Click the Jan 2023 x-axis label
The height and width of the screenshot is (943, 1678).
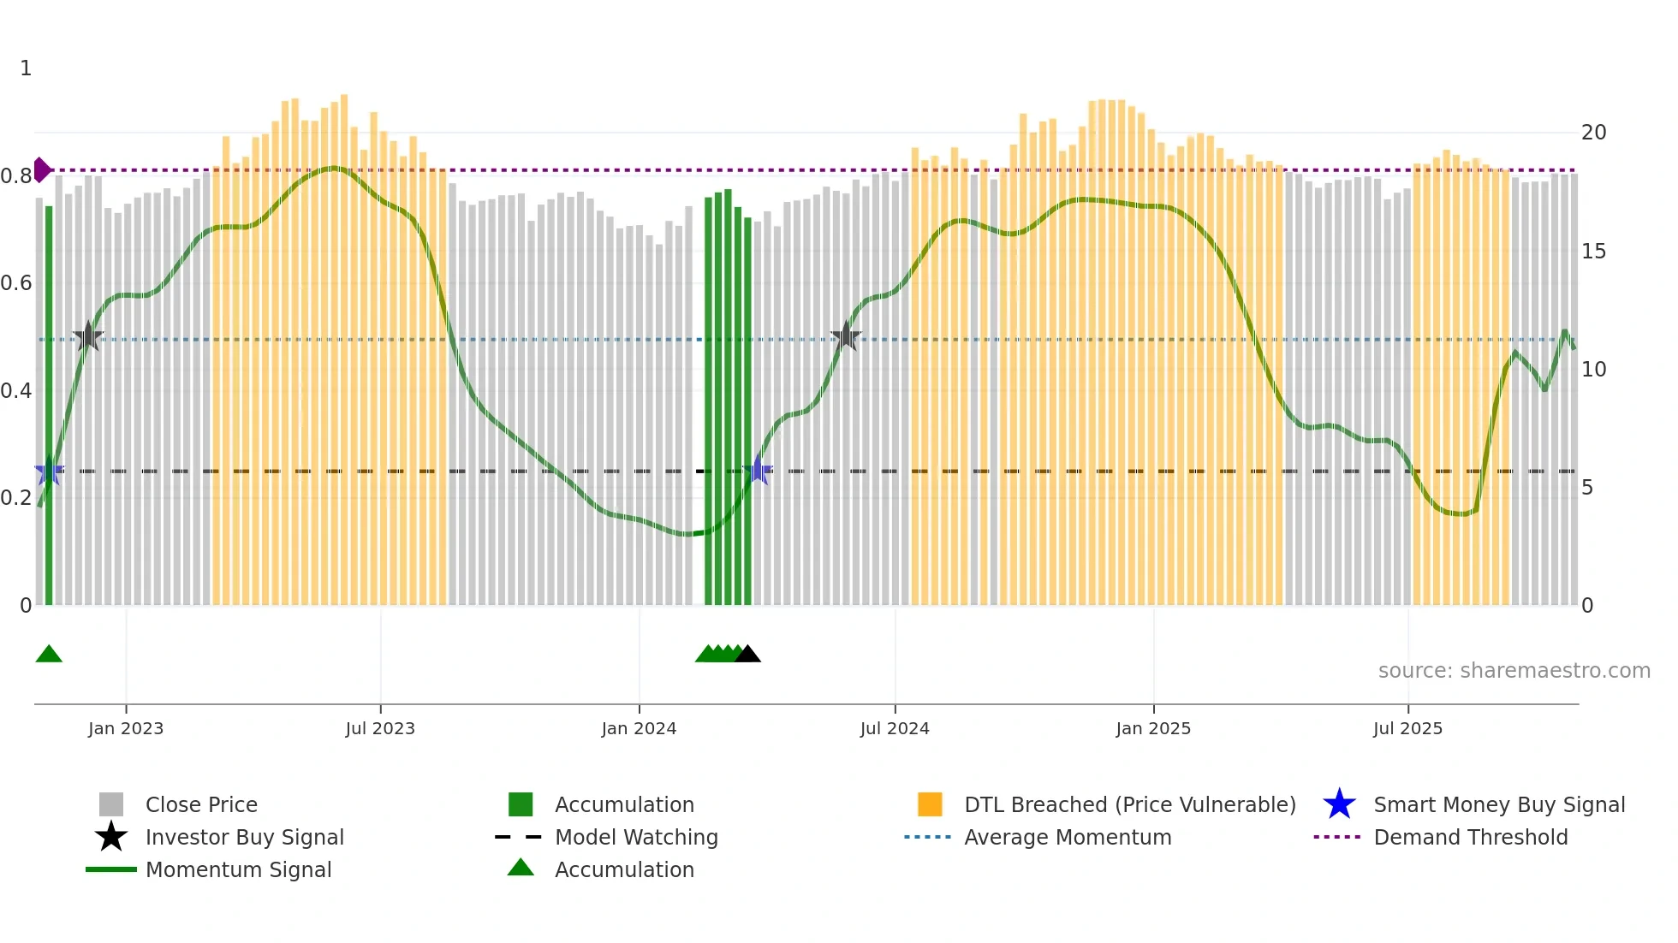pos(126,728)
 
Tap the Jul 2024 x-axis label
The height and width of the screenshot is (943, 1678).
pos(895,728)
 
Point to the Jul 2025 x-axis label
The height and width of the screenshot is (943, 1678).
pos(1407,728)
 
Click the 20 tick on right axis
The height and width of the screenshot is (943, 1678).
pos(1593,133)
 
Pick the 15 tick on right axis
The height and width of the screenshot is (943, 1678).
pos(1593,252)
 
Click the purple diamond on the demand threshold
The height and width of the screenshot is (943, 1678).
pos(41,169)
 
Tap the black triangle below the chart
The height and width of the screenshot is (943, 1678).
pos(747,654)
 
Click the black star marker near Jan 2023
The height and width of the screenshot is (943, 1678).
pos(87,337)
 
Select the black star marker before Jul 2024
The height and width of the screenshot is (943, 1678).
pos(846,336)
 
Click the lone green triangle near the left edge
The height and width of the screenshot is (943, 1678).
pos(49,654)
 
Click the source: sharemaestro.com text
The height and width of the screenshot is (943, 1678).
pos(1514,670)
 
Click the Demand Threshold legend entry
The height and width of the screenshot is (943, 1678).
pos(1470,837)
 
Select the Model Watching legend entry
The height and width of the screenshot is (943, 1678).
pos(635,837)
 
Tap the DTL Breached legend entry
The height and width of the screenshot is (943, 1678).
pos(1129,804)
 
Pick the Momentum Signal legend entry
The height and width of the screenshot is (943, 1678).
pos(238,869)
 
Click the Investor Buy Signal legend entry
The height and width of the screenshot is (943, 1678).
pos(244,837)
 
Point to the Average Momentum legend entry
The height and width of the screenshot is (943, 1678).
pos(1067,837)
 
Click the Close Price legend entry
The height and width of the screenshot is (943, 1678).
pos(201,804)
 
